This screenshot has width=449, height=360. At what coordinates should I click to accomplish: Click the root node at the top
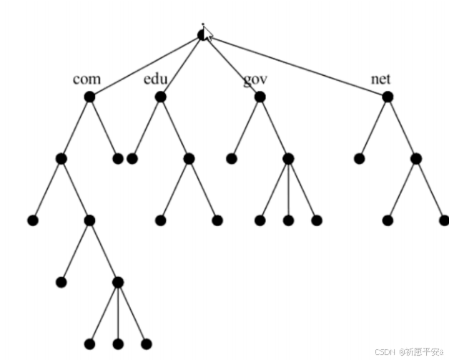tap(202, 34)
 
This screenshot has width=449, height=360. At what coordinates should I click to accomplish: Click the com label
tap(87, 78)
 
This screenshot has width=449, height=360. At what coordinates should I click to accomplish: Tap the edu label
tap(155, 78)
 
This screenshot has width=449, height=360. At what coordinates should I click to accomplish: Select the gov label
tap(255, 79)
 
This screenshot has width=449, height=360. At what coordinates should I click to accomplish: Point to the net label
tap(380, 78)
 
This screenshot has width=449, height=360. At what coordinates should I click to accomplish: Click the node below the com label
tap(89, 97)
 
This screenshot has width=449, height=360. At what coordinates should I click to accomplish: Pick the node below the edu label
tap(160, 97)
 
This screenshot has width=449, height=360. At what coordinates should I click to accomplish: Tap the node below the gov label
tap(260, 97)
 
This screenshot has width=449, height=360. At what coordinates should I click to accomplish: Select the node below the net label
tap(387, 97)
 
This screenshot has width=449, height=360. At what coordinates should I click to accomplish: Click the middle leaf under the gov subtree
tap(288, 220)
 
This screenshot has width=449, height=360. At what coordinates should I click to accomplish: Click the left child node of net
tap(359, 158)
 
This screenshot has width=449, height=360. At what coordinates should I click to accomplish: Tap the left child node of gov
tap(231, 158)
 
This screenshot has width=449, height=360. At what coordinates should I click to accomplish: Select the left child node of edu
tap(132, 158)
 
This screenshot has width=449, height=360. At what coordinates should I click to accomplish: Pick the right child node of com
tap(118, 158)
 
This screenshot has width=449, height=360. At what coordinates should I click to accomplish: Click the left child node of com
tap(61, 158)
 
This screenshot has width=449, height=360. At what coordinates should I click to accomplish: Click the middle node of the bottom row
tap(118, 344)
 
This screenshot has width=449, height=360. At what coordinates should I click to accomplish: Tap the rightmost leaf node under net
tap(444, 220)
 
